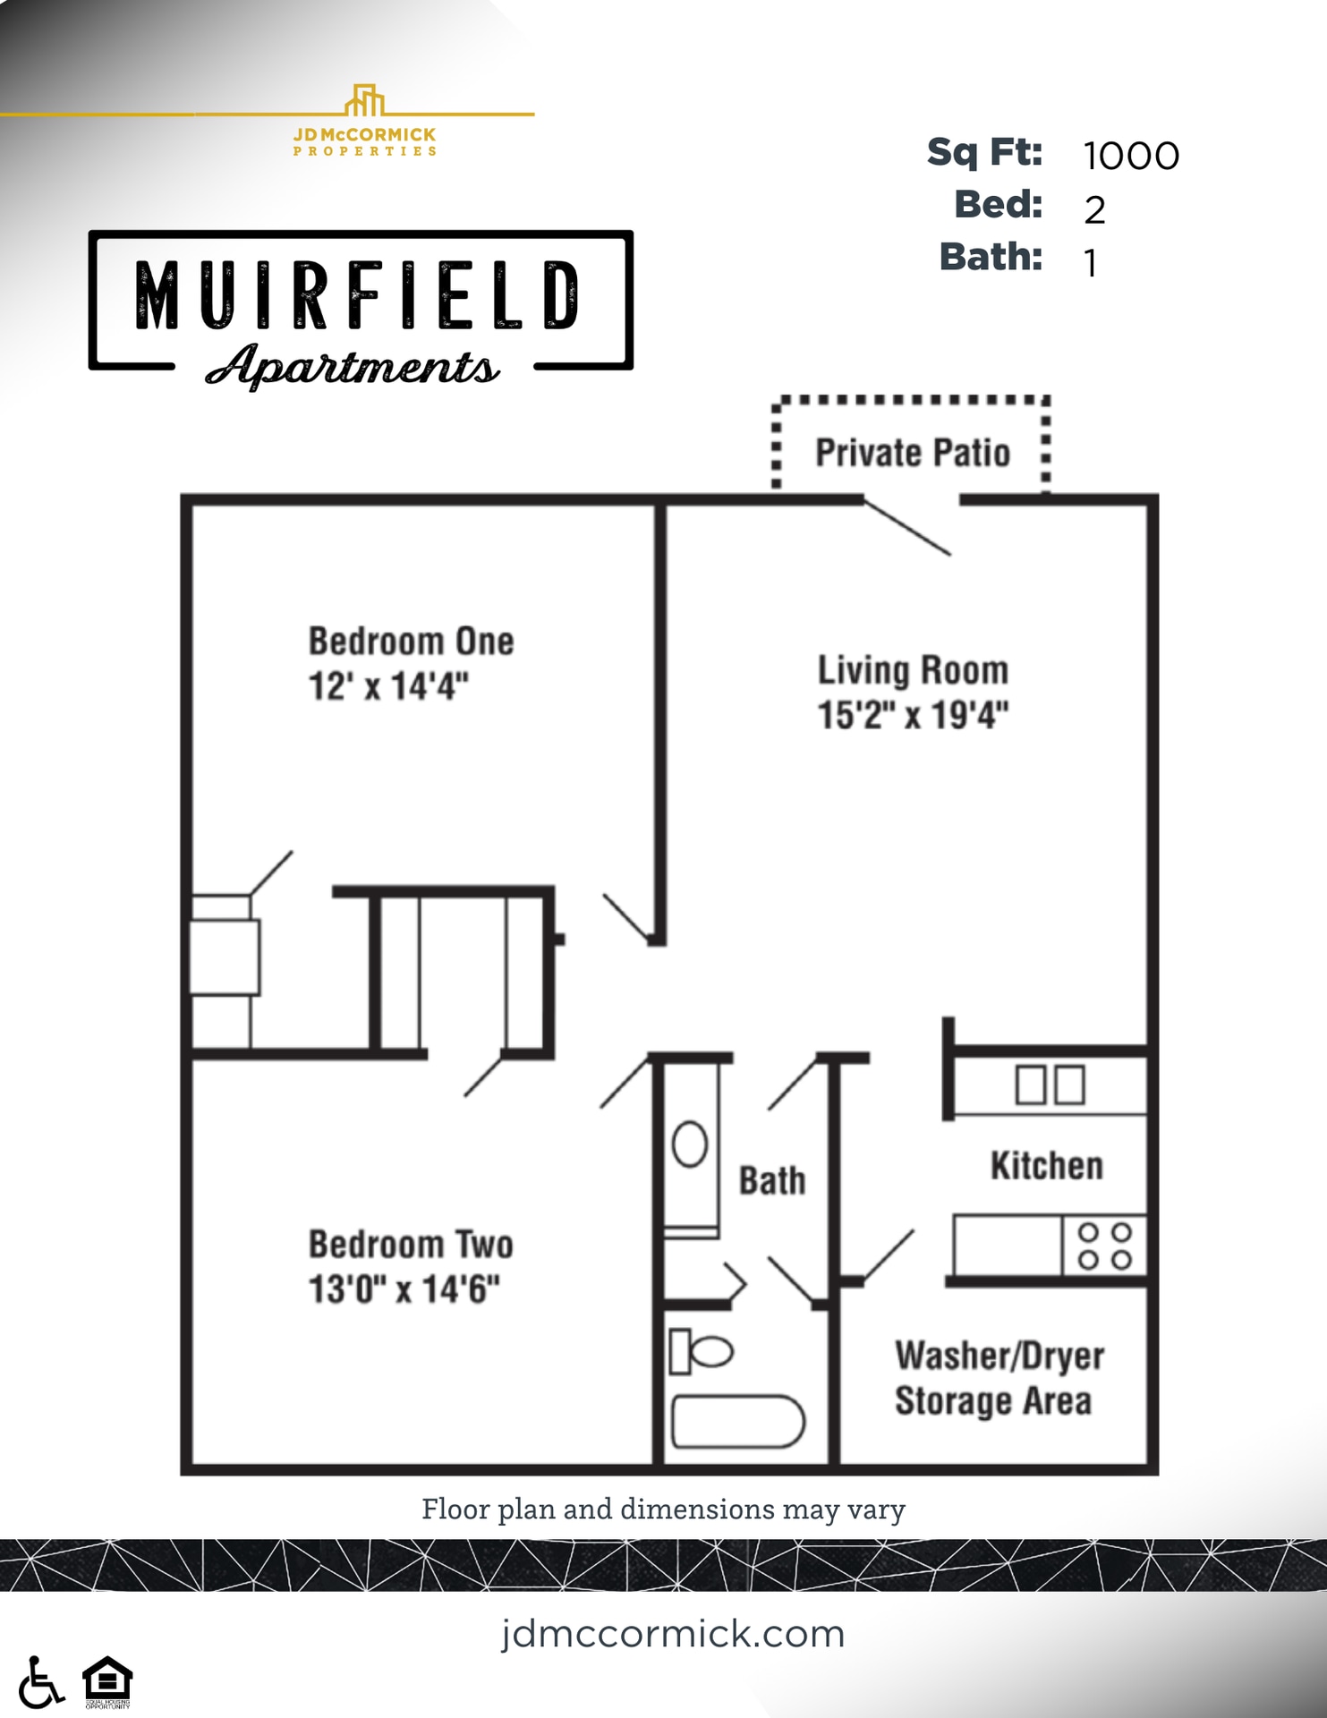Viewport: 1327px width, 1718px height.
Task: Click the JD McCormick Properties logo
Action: (x=365, y=122)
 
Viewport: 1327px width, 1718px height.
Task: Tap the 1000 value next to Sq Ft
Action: (x=1131, y=157)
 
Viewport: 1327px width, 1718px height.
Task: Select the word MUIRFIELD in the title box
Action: (x=358, y=295)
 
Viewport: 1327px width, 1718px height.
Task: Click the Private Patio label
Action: (x=912, y=453)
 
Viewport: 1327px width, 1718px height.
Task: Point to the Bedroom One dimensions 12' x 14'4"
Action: (x=388, y=686)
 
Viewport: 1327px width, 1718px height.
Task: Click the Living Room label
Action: (x=913, y=670)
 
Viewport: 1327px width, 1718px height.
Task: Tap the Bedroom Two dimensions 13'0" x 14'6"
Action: (x=404, y=1289)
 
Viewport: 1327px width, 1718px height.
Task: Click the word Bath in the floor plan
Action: (x=771, y=1181)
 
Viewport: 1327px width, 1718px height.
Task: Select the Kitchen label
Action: (x=1046, y=1166)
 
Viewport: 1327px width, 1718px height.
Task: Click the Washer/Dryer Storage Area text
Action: (x=998, y=1378)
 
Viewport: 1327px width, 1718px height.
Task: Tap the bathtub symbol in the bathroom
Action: (x=737, y=1421)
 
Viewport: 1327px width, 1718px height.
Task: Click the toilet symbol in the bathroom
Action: (x=702, y=1351)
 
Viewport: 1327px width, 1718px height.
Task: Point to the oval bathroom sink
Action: (x=690, y=1144)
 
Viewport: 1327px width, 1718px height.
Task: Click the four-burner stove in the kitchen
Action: (x=1104, y=1246)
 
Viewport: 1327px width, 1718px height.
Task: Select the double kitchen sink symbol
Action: (x=1050, y=1084)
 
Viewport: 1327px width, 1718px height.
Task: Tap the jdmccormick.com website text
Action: (x=673, y=1634)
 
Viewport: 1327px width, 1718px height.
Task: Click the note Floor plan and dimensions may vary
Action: (x=663, y=1510)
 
